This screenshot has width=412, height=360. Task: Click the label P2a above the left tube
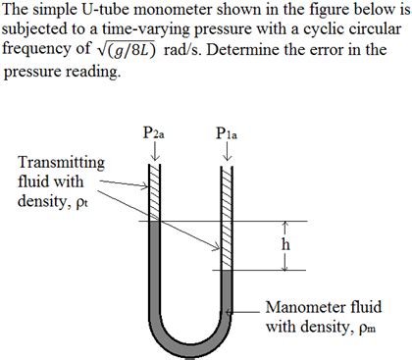coord(154,135)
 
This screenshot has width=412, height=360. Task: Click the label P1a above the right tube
coord(228,135)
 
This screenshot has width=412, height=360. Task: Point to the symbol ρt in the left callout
coord(81,201)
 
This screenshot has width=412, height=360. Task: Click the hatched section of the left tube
coord(154,192)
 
